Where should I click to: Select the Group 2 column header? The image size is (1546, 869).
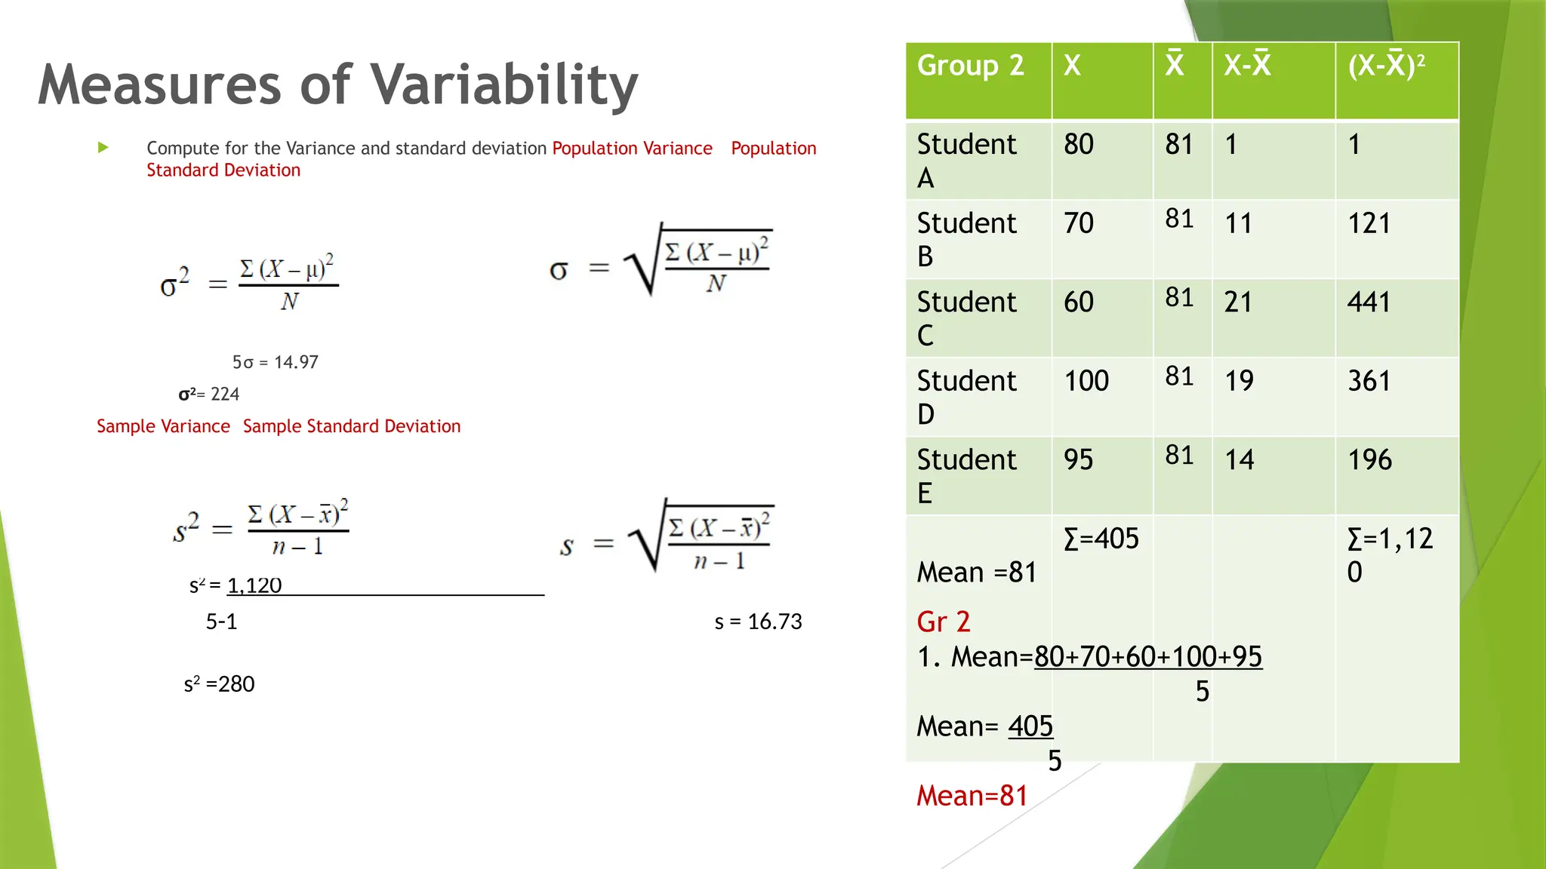[x=970, y=66]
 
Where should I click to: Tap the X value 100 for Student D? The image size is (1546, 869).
[x=1086, y=381]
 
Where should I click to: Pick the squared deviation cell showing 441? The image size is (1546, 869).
[x=1369, y=302]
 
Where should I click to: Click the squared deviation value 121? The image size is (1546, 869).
[x=1369, y=223]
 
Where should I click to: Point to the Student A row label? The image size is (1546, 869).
[x=966, y=160]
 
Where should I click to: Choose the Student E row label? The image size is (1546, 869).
[x=966, y=475]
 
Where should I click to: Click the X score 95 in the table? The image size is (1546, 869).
[x=1078, y=459]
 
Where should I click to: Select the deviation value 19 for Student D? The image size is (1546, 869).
[x=1239, y=381]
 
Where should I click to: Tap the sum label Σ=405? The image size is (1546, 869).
[x=1101, y=539]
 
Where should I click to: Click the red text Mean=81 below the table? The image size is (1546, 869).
[x=972, y=796]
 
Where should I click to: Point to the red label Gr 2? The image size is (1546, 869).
[x=943, y=622]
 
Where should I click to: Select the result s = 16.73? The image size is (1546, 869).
[x=758, y=622]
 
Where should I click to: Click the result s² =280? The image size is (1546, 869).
[x=219, y=684]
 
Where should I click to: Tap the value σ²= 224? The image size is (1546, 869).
[x=208, y=394]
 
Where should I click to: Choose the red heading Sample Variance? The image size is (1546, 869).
[x=163, y=426]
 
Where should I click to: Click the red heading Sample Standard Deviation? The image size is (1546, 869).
[x=351, y=426]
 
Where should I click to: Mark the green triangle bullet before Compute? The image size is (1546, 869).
[x=103, y=148]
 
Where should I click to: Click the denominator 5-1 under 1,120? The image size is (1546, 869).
[x=221, y=622]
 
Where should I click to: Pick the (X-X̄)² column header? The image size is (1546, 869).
[x=1386, y=66]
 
